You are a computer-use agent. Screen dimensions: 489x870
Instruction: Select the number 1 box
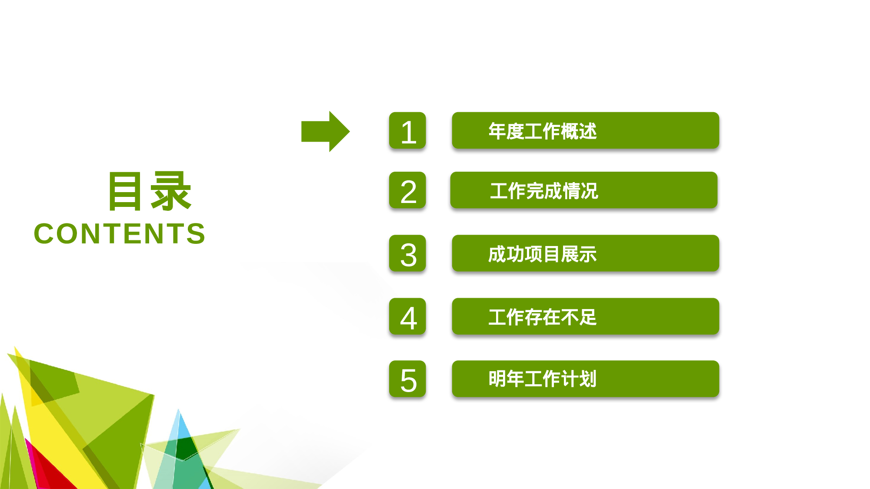click(407, 131)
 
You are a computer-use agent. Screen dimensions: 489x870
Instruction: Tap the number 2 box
click(407, 190)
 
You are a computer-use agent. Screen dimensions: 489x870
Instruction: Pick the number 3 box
click(407, 253)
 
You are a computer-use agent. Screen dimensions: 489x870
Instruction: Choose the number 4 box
click(407, 316)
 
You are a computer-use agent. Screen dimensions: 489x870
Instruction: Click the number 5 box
click(407, 379)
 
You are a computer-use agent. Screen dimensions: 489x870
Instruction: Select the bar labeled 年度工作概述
click(585, 131)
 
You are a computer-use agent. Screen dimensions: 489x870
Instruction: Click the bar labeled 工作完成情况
click(584, 190)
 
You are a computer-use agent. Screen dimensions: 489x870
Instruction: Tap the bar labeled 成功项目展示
click(585, 253)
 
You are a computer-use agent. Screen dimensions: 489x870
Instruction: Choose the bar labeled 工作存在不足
click(585, 316)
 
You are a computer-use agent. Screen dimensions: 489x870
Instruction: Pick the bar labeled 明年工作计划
click(585, 379)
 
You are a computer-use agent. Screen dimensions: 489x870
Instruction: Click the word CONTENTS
click(120, 233)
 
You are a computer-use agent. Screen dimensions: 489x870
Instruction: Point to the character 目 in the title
click(125, 191)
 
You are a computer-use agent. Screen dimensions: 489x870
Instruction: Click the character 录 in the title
click(170, 191)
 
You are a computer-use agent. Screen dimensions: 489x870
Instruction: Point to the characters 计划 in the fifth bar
click(578, 379)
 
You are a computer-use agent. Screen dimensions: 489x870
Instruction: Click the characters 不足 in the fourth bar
click(578, 317)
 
